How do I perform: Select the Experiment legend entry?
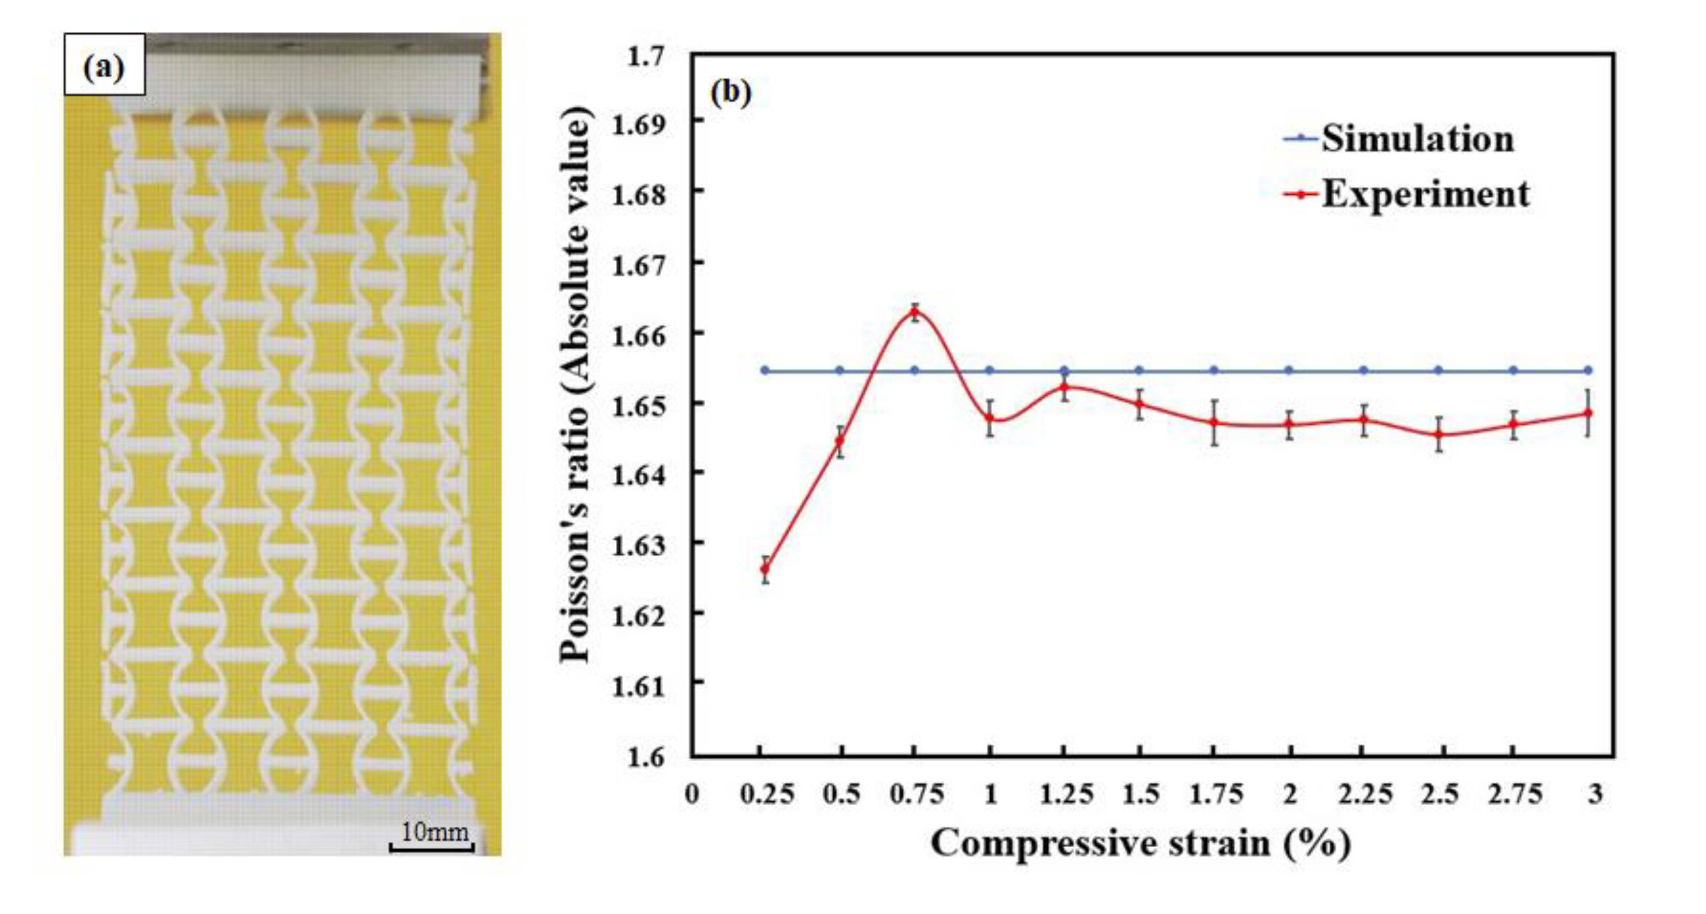(x=1424, y=195)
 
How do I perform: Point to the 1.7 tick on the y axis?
(x=646, y=56)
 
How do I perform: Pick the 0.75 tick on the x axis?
(x=917, y=794)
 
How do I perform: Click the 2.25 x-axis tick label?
(x=1365, y=794)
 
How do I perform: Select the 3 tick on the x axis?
(x=1595, y=794)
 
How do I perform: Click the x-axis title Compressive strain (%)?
(x=1140, y=843)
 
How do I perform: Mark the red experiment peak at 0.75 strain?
(x=915, y=311)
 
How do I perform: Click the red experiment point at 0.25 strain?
(x=765, y=569)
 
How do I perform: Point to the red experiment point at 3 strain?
(x=1589, y=413)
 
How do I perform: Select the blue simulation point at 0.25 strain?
(x=765, y=371)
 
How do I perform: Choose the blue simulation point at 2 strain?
(x=1290, y=371)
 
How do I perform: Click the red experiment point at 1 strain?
(x=990, y=419)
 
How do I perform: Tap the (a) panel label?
(x=104, y=68)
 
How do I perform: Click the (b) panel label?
(x=731, y=93)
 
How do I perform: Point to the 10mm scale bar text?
(x=435, y=832)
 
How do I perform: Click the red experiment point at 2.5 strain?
(x=1439, y=435)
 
